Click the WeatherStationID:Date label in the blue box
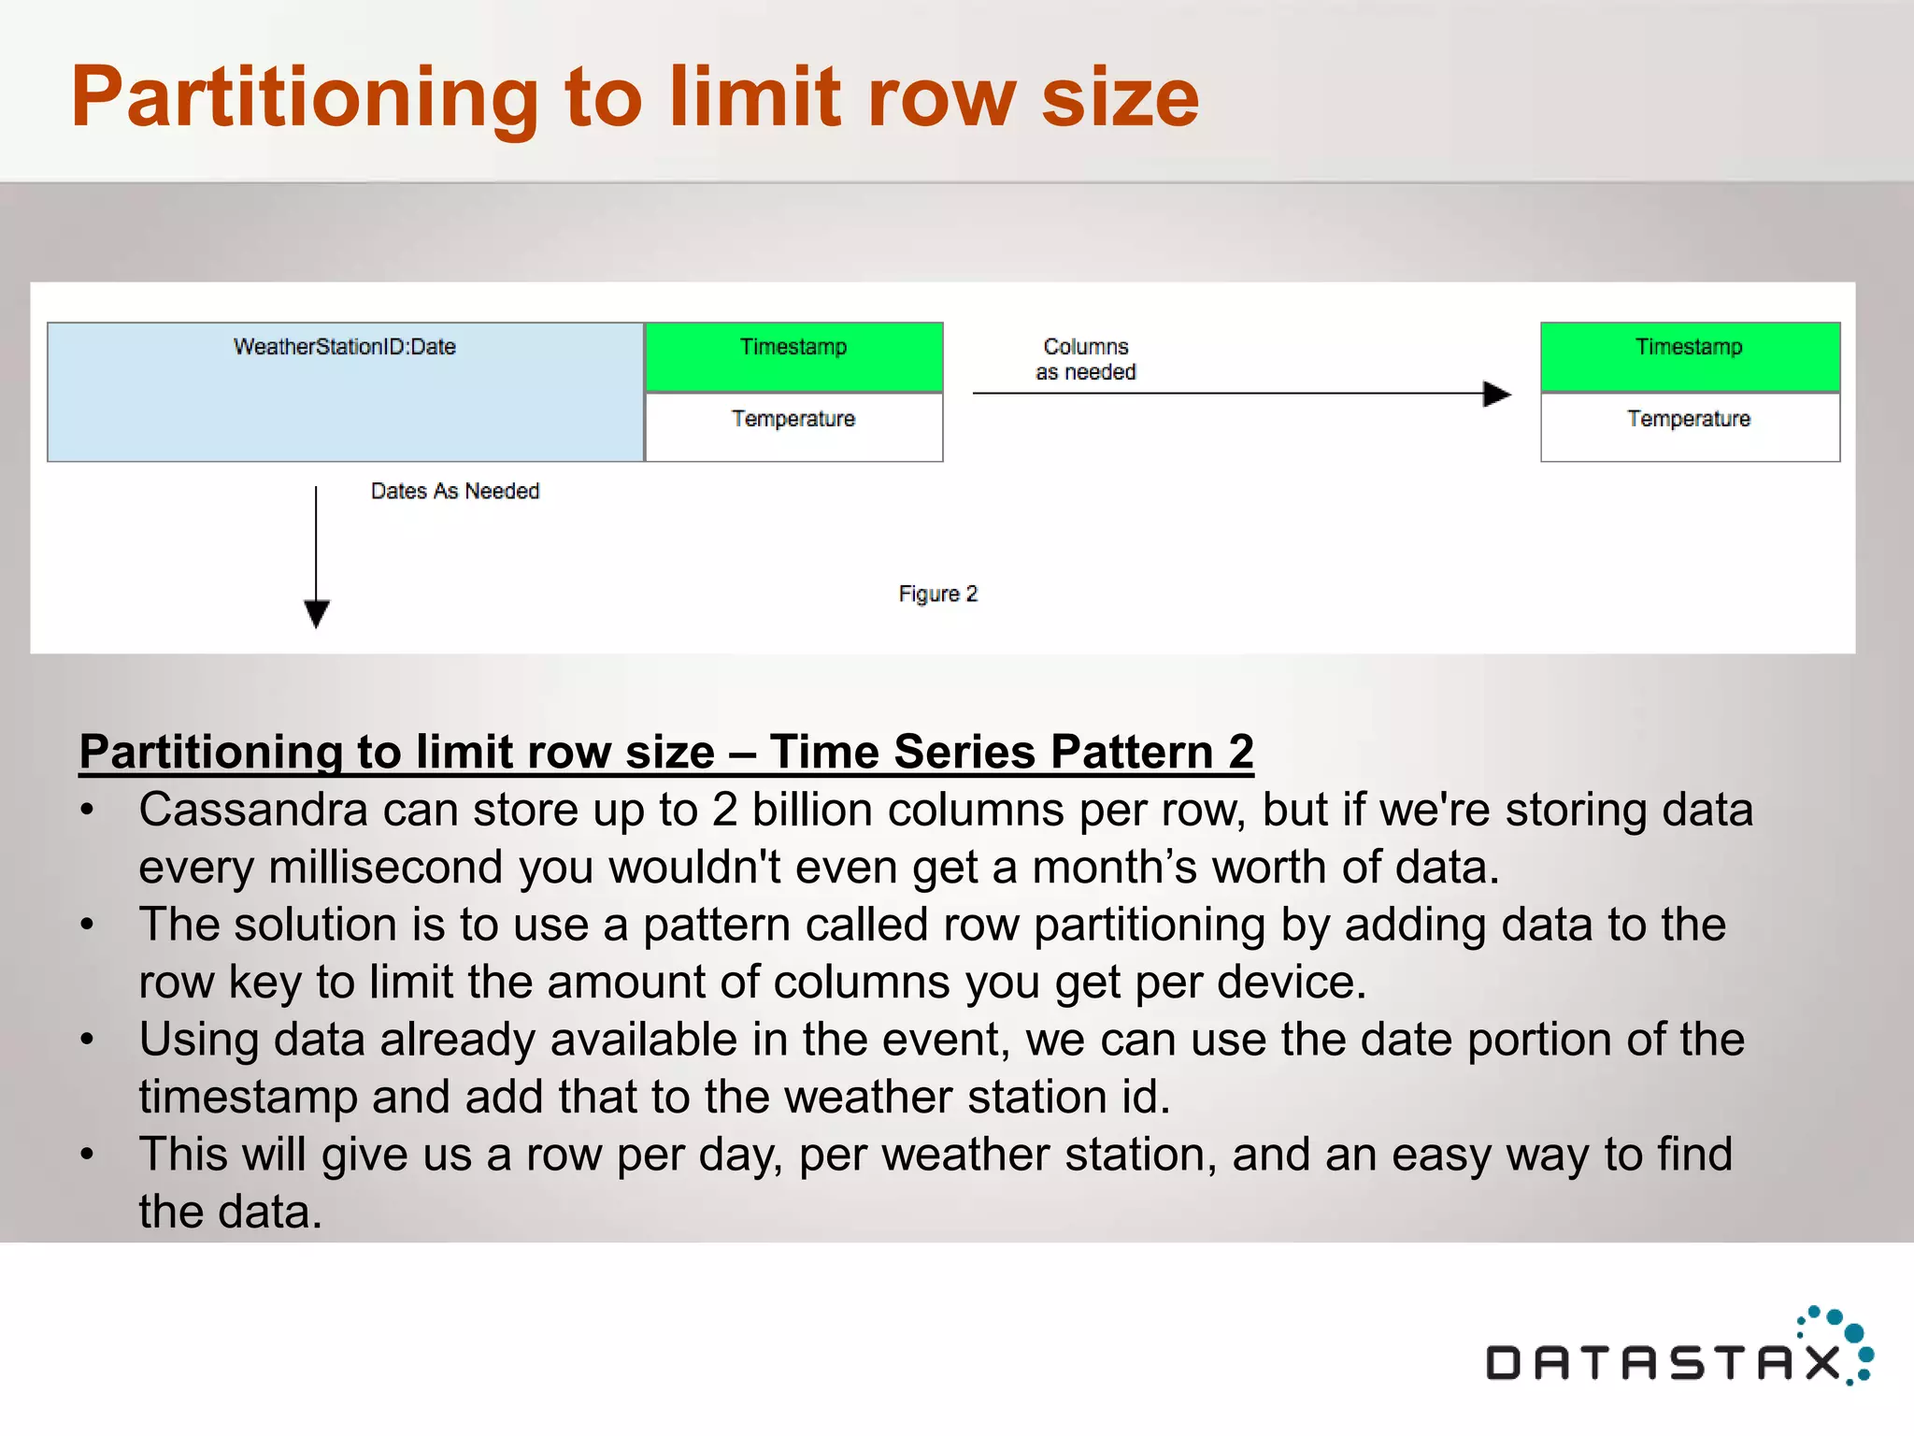click(x=345, y=347)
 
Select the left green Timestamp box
click(x=793, y=356)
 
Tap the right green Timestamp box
click(x=1690, y=356)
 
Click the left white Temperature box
click(x=793, y=426)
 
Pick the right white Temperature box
click(x=1690, y=426)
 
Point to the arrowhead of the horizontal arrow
click(x=1497, y=394)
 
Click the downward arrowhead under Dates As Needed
click(x=317, y=614)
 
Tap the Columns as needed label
click(x=1086, y=359)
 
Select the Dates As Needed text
click(x=455, y=491)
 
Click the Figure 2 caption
click(x=937, y=594)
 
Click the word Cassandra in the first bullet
click(x=252, y=810)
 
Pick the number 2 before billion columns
click(x=724, y=810)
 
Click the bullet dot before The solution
click(x=87, y=925)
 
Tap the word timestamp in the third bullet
click(x=248, y=1097)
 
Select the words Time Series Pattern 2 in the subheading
click(x=1011, y=752)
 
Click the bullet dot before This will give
click(x=87, y=1155)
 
